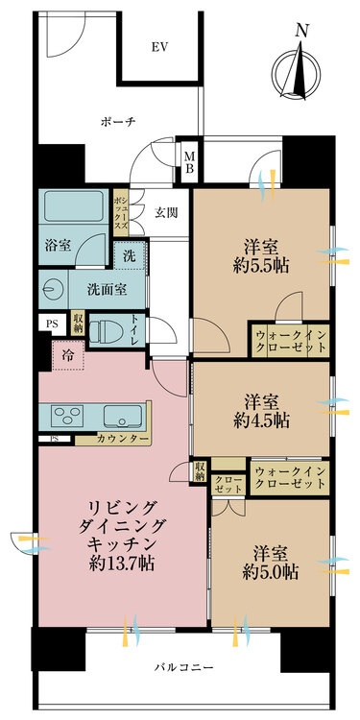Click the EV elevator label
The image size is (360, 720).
[x=159, y=46]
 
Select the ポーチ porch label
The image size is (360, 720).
[x=118, y=122]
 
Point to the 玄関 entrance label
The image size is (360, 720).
[x=167, y=213]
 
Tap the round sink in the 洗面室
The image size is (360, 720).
[x=53, y=289]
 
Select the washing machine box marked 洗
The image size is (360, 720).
[x=128, y=256]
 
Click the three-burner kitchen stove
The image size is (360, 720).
[x=71, y=416]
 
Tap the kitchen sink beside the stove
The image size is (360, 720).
[x=124, y=416]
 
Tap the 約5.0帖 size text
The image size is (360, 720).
[x=270, y=572]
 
